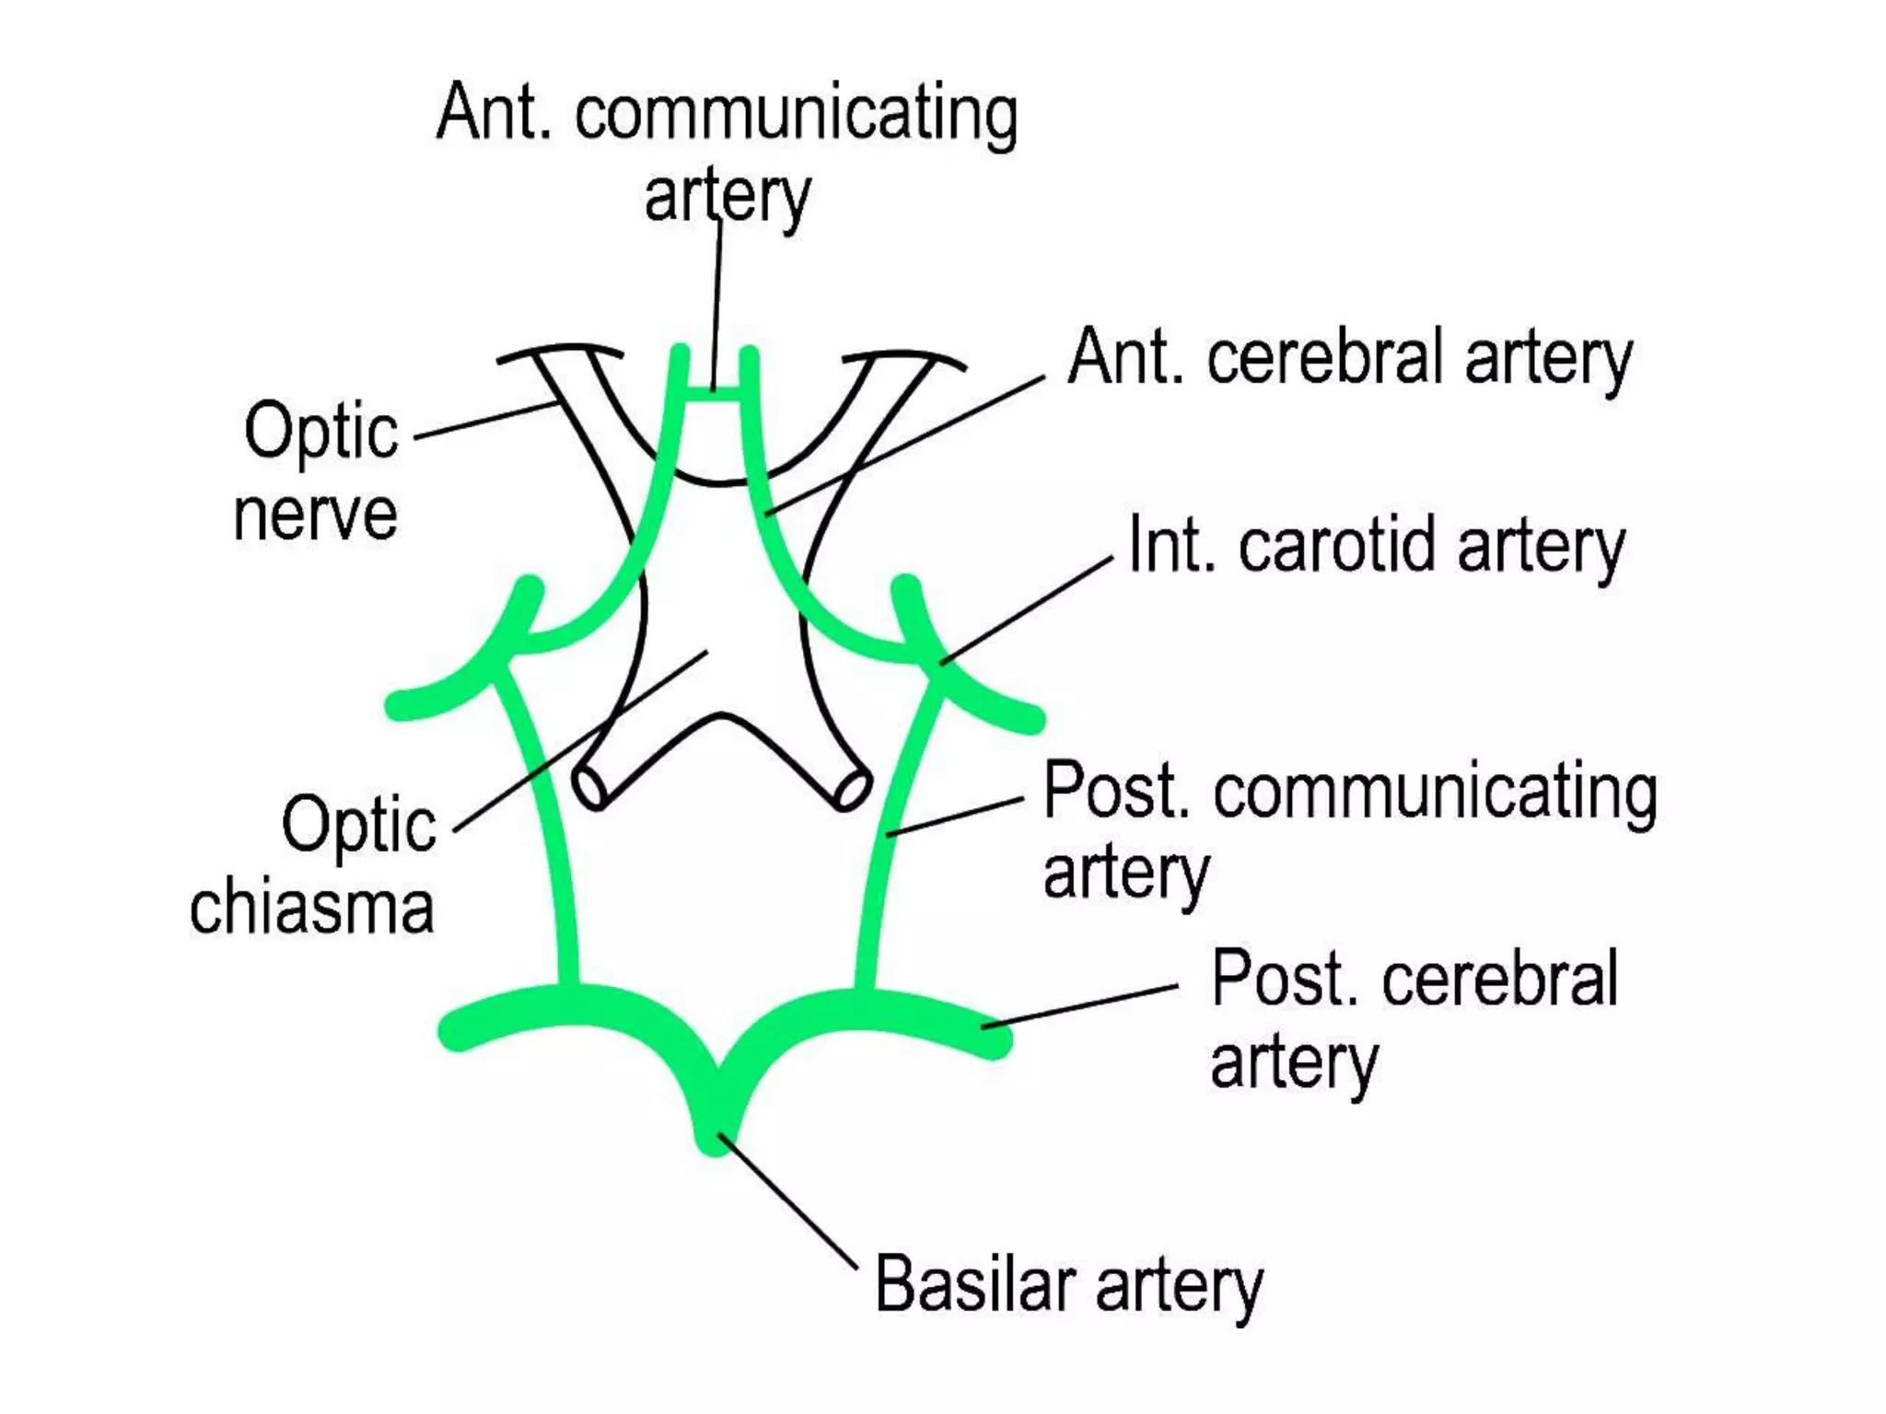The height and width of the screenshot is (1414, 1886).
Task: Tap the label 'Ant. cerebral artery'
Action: [x=1349, y=358]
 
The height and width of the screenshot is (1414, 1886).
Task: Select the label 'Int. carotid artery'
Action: [x=1376, y=546]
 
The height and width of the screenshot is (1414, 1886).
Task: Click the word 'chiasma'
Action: [x=311, y=908]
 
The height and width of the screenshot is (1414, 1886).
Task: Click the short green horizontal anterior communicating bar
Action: [x=714, y=394]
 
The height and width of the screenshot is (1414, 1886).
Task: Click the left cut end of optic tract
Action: [x=589, y=788]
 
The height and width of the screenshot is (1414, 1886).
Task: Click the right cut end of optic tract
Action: [x=853, y=789]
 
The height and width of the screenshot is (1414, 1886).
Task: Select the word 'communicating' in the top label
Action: [x=797, y=114]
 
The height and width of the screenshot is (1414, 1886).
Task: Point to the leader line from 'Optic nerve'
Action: [x=483, y=420]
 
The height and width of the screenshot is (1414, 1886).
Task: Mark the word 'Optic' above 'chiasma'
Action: [x=358, y=824]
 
